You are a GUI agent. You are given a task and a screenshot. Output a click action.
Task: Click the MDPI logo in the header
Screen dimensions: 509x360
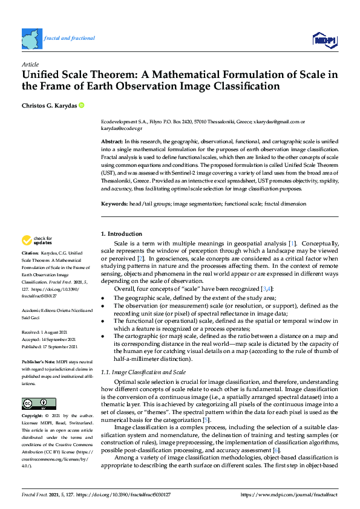(324, 40)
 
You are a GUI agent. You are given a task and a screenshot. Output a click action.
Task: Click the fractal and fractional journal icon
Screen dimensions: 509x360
(31, 38)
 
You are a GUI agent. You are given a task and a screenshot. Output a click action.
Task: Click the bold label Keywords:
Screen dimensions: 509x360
(114, 204)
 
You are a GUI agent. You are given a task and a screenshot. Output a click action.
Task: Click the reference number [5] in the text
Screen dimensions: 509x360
(206, 420)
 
